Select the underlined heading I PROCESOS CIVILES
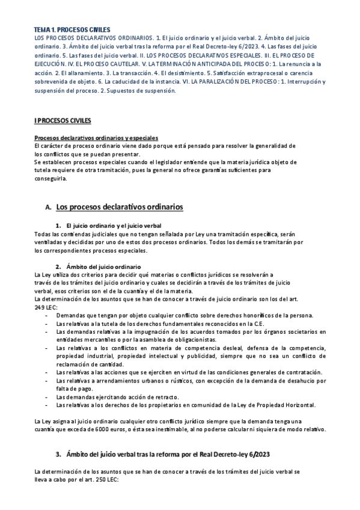(x=63, y=121)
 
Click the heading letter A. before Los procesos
(x=48, y=207)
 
